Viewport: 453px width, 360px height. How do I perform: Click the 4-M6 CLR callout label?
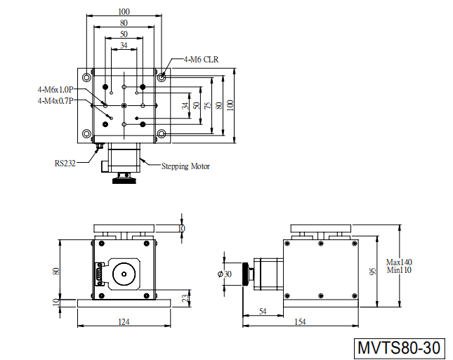click(x=201, y=60)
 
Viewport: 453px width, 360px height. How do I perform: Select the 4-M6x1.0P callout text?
click(x=55, y=90)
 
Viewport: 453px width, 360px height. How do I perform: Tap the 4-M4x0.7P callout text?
click(x=55, y=101)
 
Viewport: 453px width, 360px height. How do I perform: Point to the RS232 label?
click(x=65, y=164)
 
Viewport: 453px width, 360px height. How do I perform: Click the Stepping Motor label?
click(x=185, y=166)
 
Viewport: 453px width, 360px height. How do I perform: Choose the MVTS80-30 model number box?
click(x=399, y=348)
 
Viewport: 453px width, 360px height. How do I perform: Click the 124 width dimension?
click(x=124, y=321)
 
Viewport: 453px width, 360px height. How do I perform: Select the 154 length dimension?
click(x=300, y=321)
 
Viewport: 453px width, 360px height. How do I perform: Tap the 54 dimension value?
click(x=263, y=311)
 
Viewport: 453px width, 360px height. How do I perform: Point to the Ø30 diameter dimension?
click(x=225, y=274)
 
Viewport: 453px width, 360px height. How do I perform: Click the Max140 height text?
click(x=399, y=262)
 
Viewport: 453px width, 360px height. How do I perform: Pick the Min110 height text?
click(x=399, y=270)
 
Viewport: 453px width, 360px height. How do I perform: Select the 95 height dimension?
click(x=373, y=272)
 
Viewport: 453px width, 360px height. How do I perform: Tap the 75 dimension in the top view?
click(x=208, y=106)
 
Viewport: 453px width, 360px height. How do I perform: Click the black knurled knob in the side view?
click(x=246, y=274)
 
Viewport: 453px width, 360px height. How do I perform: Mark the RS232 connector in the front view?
click(x=100, y=274)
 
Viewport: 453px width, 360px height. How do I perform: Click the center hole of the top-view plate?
click(x=124, y=106)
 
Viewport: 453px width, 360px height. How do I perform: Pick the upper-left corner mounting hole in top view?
click(x=86, y=77)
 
